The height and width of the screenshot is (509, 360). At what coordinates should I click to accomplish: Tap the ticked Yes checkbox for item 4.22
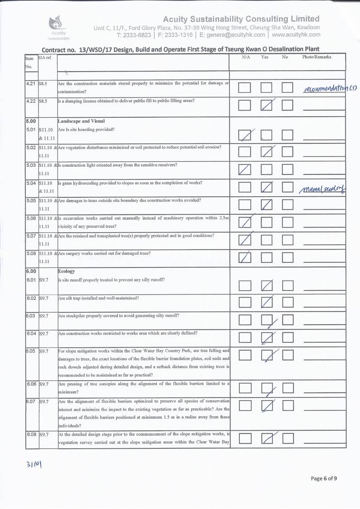coord(267,106)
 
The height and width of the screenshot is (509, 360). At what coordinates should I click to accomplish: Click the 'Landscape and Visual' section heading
coord(81,121)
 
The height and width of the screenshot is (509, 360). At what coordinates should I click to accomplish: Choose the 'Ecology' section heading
coord(67,271)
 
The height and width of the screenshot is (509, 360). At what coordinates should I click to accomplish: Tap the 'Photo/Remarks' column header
coord(316,57)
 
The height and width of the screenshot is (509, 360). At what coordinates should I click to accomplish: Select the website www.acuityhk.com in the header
coord(296,35)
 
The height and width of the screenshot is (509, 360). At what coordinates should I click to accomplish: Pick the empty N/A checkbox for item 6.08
coord(245,438)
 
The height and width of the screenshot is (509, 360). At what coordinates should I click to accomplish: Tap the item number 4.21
coord(31,83)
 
